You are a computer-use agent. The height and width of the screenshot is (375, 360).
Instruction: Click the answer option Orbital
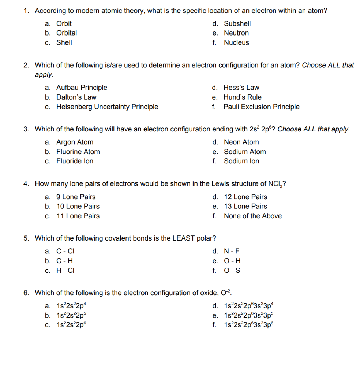point(66,33)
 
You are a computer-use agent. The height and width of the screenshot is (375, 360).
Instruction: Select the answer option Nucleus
point(236,42)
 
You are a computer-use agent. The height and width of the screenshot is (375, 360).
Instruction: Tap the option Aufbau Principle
point(82,88)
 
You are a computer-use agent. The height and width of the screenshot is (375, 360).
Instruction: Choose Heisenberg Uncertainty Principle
point(107,107)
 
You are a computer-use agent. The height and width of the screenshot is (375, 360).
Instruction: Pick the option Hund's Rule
point(243,97)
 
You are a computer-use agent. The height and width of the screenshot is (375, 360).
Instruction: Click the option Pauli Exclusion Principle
point(261,107)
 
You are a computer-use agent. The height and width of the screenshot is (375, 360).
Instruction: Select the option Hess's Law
point(241,88)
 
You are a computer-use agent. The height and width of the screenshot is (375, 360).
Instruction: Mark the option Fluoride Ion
point(75,161)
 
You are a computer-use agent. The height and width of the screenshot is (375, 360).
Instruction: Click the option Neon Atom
point(241,142)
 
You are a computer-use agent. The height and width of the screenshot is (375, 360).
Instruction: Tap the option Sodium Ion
point(241,161)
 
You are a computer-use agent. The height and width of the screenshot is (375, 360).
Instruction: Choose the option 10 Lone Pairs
point(78,206)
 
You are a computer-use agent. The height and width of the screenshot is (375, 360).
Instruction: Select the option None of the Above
point(253,216)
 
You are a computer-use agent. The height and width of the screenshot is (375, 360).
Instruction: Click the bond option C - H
point(64,261)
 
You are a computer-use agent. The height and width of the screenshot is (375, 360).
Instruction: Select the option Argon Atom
point(75,142)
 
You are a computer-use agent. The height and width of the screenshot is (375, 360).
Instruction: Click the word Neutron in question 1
point(236,33)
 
